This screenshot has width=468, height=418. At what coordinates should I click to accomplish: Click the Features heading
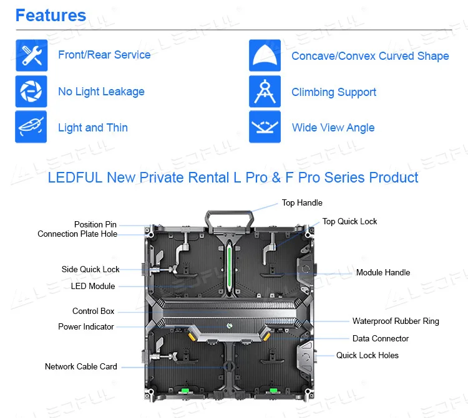pos(51,15)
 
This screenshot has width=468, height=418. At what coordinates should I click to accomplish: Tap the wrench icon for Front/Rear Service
pos(31,55)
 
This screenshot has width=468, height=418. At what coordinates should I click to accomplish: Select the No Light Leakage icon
pos(31,92)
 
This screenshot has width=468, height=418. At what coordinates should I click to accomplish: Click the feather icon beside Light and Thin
pos(31,127)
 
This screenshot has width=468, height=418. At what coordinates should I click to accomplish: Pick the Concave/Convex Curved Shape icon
pos(265,55)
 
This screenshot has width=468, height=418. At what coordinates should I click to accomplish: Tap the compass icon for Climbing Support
pos(265,92)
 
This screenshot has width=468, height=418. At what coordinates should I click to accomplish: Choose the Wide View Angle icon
pos(265,127)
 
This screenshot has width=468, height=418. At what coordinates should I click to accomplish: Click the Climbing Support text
pos(334,92)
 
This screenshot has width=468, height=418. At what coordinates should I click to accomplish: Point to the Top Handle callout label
pos(302,202)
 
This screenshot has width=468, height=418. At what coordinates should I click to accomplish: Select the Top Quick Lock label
pos(349,221)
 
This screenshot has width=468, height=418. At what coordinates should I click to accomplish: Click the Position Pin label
pos(95,224)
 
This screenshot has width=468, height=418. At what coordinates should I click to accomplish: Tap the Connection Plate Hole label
pos(77,234)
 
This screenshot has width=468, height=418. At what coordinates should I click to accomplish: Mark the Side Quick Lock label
pos(90,269)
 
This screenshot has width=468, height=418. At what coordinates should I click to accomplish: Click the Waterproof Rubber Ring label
pos(396,321)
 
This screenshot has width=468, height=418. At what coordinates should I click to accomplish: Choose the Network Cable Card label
pos(80,366)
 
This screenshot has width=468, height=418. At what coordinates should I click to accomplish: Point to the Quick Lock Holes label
pos(367,355)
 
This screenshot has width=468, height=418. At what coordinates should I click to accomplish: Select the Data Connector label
pos(381,338)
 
